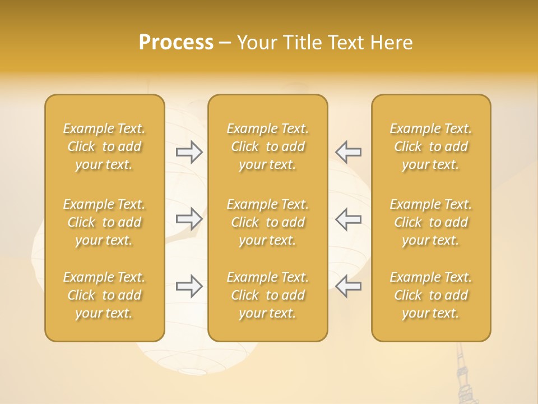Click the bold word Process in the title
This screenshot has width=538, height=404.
click(x=176, y=43)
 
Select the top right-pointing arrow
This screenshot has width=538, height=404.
click(x=189, y=152)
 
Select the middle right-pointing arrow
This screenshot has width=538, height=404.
click(x=189, y=219)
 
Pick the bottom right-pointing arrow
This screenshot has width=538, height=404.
click(x=189, y=286)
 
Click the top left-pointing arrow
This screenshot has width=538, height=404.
click(x=348, y=152)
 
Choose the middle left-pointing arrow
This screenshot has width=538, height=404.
click(x=348, y=219)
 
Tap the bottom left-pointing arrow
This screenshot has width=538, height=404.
click(x=348, y=286)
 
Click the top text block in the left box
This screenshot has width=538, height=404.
click(x=104, y=146)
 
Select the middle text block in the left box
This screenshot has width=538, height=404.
click(x=104, y=222)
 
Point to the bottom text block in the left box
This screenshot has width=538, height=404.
click(x=104, y=295)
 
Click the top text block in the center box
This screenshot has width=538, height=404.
click(x=268, y=146)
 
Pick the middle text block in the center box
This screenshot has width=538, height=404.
click(x=268, y=222)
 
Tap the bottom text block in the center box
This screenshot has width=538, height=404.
click(x=268, y=295)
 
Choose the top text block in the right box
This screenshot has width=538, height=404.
click(x=431, y=146)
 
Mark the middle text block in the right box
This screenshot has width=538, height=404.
click(x=431, y=222)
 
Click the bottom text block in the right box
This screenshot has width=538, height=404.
click(x=431, y=295)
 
